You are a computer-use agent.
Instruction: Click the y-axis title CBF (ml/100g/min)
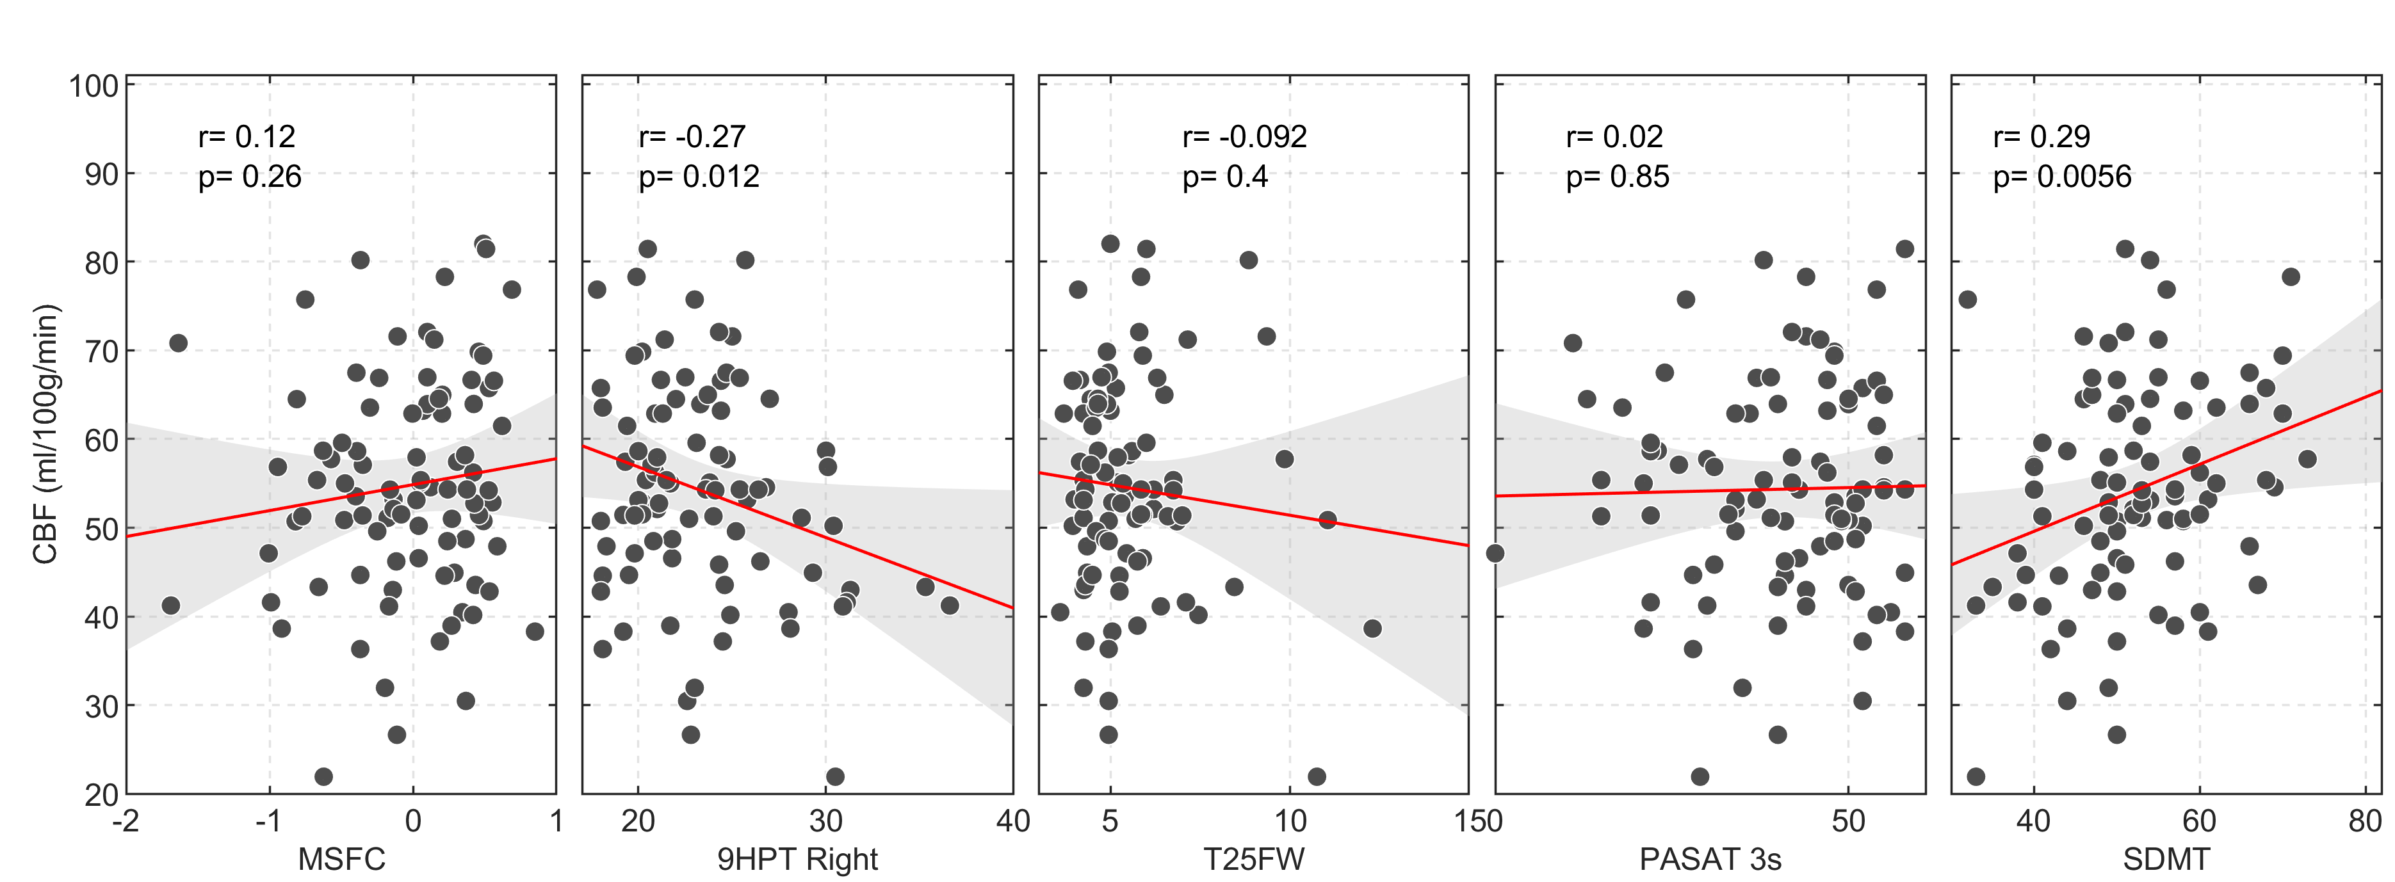tap(45, 434)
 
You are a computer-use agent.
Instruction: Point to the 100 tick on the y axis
tap(94, 86)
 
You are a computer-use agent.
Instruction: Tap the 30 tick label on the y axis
tap(101, 707)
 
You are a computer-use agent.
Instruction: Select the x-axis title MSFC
tap(341, 858)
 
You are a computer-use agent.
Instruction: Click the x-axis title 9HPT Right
tap(797, 858)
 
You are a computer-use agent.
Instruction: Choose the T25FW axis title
tap(1253, 858)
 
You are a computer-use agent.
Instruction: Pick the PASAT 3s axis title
tap(1710, 858)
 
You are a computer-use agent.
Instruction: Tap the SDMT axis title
tap(2165, 858)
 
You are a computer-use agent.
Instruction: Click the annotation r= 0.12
tap(247, 136)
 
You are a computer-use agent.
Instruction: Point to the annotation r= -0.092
tap(1244, 136)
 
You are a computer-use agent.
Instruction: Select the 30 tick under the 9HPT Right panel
tap(825, 821)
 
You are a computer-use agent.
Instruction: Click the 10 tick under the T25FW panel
tap(1290, 821)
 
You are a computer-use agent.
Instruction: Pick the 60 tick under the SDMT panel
tap(2199, 821)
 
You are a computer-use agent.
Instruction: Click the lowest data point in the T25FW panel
tap(1317, 776)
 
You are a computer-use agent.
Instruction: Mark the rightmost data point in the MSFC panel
tap(535, 631)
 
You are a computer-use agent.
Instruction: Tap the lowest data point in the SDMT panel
tap(1976, 776)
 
